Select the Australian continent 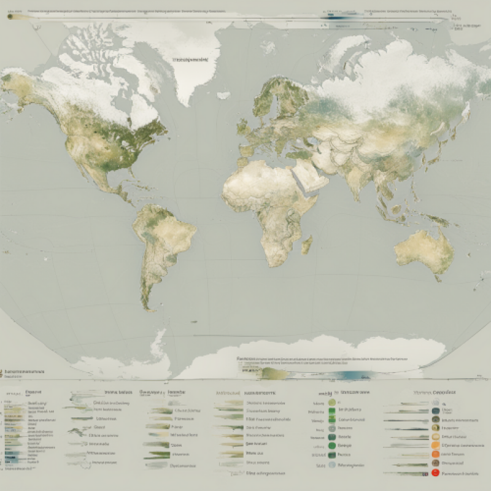(x=423, y=252)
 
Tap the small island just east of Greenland (x=223, y=95)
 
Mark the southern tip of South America (x=147, y=306)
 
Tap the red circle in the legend (x=436, y=473)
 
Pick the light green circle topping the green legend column (x=332, y=403)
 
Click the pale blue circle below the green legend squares (x=332, y=466)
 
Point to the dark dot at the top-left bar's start (x=10, y=17)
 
